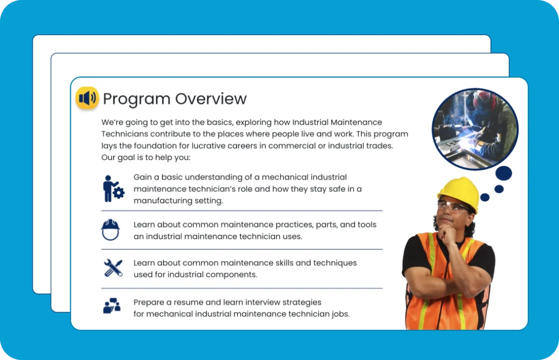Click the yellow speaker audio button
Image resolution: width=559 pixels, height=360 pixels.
click(87, 98)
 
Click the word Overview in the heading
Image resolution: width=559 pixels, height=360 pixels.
click(211, 99)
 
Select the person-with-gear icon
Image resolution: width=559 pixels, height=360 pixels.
click(113, 188)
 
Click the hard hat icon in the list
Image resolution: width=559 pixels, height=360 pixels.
click(110, 229)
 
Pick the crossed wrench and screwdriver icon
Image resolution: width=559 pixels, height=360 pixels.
click(113, 268)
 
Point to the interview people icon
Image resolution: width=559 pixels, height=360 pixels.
click(111, 305)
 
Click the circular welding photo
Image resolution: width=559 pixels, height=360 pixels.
click(475, 129)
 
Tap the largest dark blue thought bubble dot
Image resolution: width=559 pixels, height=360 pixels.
click(503, 174)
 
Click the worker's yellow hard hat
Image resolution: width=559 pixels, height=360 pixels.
click(459, 192)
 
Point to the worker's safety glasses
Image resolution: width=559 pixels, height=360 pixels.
click(451, 207)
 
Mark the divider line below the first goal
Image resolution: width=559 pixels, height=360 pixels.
click(242, 211)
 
